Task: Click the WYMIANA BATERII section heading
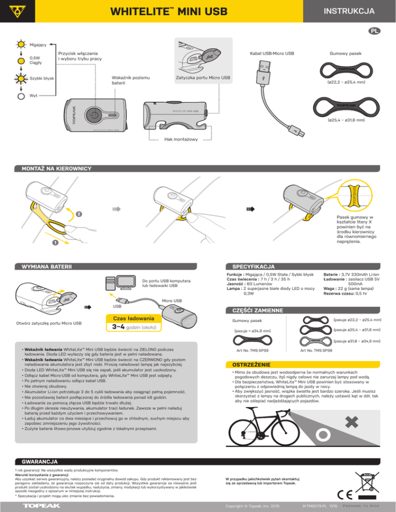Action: [x=43, y=267]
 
